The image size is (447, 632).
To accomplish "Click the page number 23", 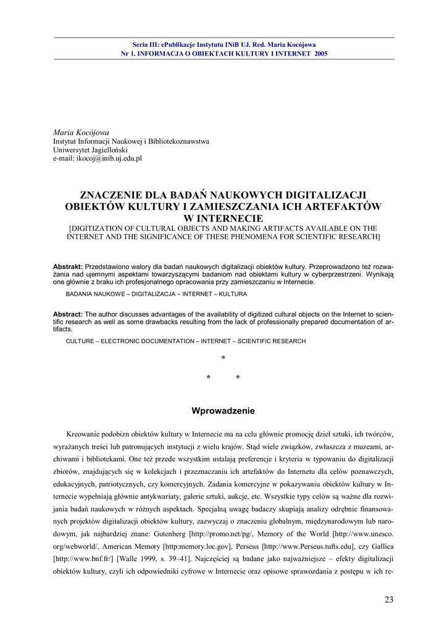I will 388,599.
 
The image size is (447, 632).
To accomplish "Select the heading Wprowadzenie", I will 223,410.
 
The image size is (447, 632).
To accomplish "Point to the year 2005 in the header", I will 320,54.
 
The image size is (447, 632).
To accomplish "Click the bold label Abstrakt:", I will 68,266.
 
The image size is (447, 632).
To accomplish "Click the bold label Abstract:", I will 68,314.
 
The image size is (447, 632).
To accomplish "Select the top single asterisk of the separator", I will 223,359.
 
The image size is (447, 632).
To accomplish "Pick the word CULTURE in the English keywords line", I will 80,341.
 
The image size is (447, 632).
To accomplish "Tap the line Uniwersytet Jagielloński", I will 90,150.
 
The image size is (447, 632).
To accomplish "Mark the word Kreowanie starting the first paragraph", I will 86,434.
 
